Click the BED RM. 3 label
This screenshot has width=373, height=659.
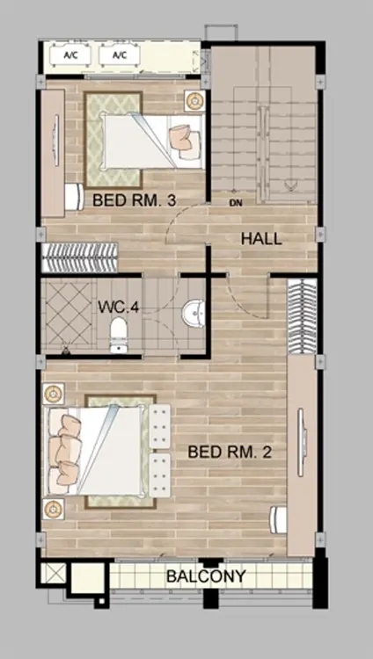point(134,200)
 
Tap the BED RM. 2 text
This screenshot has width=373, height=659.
point(230,453)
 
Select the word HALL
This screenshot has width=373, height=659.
point(261,239)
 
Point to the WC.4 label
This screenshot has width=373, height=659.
point(118,307)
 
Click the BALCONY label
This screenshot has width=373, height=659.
point(206,576)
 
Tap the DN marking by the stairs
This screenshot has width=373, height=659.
point(236,204)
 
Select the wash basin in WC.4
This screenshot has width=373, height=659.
point(194,313)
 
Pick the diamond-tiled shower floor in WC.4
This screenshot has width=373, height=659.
point(69,313)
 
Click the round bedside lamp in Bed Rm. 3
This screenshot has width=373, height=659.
point(195,101)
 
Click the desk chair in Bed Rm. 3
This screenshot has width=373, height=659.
point(75,197)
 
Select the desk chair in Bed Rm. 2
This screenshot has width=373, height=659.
point(278,520)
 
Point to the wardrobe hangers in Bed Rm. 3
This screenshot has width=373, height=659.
point(79,257)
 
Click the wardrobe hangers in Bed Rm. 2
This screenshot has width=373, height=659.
point(303,315)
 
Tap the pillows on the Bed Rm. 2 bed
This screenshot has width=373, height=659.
point(66,450)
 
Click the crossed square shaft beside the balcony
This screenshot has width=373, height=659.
point(55,573)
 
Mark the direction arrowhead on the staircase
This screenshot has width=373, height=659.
point(289,185)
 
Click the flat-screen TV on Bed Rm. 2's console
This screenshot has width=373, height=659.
point(301,442)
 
